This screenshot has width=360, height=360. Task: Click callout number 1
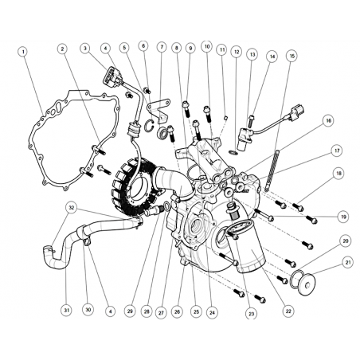point(23,51)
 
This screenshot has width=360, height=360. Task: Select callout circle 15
point(292,56)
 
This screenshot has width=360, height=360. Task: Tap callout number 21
point(348,262)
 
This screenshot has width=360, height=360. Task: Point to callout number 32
point(71,207)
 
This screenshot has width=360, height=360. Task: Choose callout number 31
point(66,310)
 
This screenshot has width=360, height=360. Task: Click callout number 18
point(338,174)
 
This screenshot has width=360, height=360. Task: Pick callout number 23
point(251,314)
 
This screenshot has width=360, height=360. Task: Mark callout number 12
point(236,52)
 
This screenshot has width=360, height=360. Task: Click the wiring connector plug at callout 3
point(111,75)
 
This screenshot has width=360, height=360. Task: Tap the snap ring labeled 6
point(150,125)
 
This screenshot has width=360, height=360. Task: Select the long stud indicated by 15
point(271,170)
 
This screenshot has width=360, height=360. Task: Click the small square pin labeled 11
point(225,117)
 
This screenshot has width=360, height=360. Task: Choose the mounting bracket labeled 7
point(158,110)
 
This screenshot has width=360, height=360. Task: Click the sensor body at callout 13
point(243,139)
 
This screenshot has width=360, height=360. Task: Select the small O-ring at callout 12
point(233,152)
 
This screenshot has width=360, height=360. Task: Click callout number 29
point(130,311)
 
